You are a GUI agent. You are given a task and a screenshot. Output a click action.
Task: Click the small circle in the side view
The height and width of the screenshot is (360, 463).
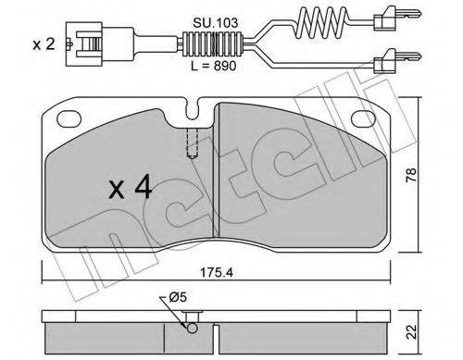click(x=191, y=325)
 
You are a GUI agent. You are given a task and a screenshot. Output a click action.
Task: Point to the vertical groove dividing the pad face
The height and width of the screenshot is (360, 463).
click(x=215, y=176)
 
